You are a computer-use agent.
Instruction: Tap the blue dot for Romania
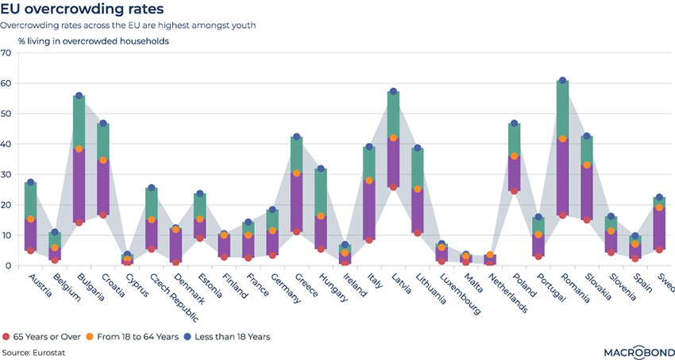[562, 81]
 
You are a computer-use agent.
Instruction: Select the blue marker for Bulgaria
[79, 96]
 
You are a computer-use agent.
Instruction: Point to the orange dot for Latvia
[393, 138]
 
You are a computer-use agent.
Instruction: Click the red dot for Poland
[514, 191]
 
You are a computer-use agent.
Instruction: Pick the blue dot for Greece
[296, 137]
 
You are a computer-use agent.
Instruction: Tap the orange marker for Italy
[368, 181]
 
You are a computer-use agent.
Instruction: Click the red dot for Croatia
[103, 215]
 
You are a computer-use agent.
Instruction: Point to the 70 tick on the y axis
[6, 53]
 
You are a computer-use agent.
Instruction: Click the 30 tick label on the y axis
[6, 175]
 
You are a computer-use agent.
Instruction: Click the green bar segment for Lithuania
[417, 168]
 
